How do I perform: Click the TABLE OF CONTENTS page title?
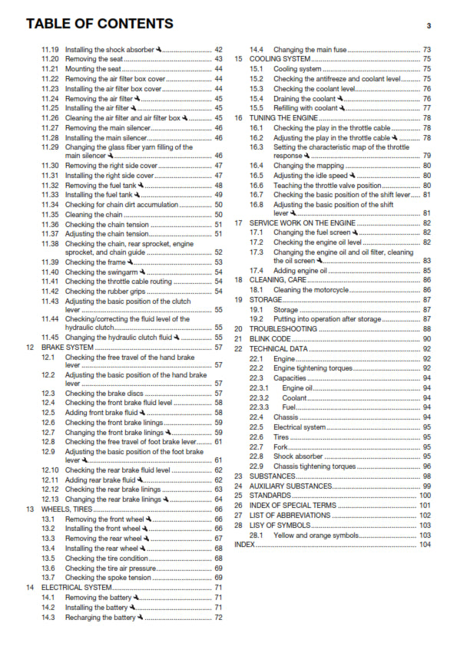[99, 24]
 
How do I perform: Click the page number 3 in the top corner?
[428, 26]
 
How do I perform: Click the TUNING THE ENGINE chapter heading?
[284, 118]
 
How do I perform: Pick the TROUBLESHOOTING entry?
[282, 328]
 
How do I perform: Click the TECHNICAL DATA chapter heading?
[279, 348]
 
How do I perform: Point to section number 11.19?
[50, 49]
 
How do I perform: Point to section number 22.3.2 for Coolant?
[259, 398]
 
